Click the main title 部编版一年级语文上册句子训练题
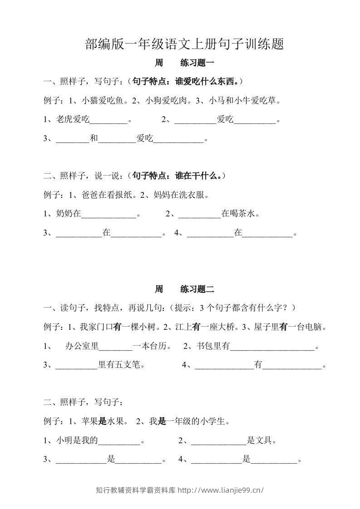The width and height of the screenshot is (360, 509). tap(184, 44)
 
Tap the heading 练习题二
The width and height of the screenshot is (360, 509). tap(197, 289)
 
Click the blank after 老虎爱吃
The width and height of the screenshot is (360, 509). tap(109, 121)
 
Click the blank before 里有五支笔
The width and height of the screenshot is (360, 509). tap(76, 365)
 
